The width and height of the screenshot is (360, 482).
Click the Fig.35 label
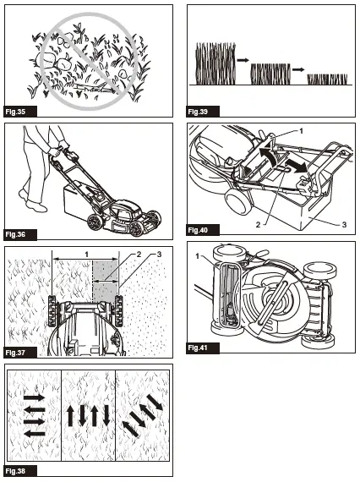coord(18,112)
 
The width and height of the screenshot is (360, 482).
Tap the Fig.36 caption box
coord(18,232)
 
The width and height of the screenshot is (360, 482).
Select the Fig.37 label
coord(18,351)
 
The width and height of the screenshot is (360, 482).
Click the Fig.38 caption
coord(18,471)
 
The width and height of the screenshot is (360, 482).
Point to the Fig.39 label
coord(198,112)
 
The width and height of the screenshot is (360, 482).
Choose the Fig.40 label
coord(198,230)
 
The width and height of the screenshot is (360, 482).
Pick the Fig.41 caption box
coord(198,348)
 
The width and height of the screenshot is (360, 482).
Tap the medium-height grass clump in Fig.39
coord(270,74)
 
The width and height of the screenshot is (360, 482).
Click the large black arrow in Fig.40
coord(295,162)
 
